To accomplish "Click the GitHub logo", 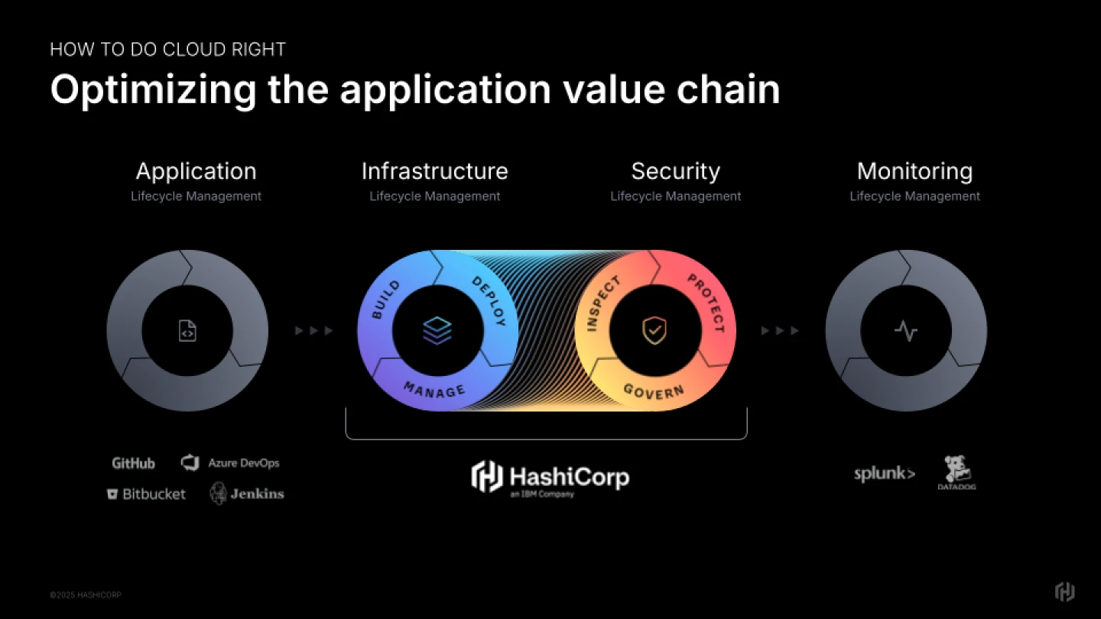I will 133,463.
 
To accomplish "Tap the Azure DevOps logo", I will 230,463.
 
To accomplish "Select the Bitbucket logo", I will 146,494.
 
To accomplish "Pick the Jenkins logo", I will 247,494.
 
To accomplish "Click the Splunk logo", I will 884,474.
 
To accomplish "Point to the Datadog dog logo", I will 956,472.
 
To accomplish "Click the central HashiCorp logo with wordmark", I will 550,478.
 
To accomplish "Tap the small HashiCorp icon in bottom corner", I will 1064,591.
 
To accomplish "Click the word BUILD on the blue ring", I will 386,300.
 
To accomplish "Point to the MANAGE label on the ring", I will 434,390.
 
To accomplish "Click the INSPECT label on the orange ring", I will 603,304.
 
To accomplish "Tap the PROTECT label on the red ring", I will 706,303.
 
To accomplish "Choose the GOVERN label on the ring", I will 654,391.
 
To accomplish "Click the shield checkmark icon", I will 654,331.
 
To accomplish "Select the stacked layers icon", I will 437,331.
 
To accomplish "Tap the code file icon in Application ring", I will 187,331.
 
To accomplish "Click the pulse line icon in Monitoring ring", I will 906,331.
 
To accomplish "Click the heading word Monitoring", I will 914,171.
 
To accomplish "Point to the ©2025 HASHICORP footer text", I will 86,595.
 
